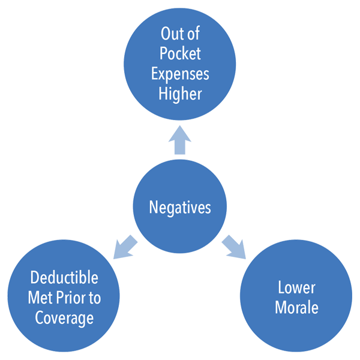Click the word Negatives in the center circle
point(180,208)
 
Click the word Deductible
point(64,278)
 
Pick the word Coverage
point(64,319)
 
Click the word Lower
point(296,289)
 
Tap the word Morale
point(296,308)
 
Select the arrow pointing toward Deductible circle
point(124,247)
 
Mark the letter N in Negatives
point(153,208)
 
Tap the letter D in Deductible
point(34,278)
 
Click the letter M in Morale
point(280,308)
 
